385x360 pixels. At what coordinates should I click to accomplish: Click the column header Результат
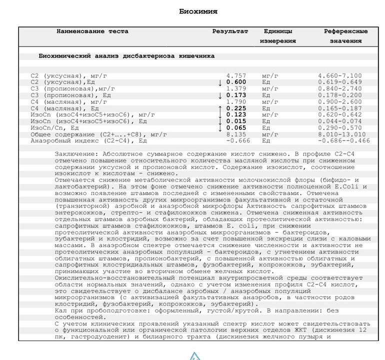[x=230, y=31]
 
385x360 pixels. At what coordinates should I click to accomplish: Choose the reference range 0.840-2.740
[x=340, y=89]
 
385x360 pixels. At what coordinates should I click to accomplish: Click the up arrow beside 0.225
[x=219, y=108]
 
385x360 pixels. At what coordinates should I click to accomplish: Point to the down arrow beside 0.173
[x=219, y=95]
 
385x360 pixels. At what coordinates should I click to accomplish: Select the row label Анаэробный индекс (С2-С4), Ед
[x=89, y=141]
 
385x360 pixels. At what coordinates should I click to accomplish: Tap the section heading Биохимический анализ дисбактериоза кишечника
[x=126, y=56]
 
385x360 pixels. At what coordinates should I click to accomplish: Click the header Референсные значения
[x=345, y=36]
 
